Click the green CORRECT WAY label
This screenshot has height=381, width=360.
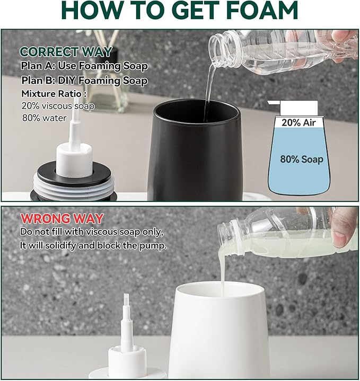pyautogui.click(x=66, y=52)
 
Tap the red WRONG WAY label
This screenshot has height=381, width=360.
pyautogui.click(x=62, y=218)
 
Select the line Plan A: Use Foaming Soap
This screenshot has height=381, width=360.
pyautogui.click(x=84, y=66)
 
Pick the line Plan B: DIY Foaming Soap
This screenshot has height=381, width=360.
pyautogui.click(x=84, y=81)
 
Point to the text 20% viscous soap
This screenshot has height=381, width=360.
pyautogui.click(x=58, y=106)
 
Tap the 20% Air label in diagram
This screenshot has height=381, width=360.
pyautogui.click(x=298, y=122)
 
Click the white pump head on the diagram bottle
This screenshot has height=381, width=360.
pyautogui.click(x=294, y=108)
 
